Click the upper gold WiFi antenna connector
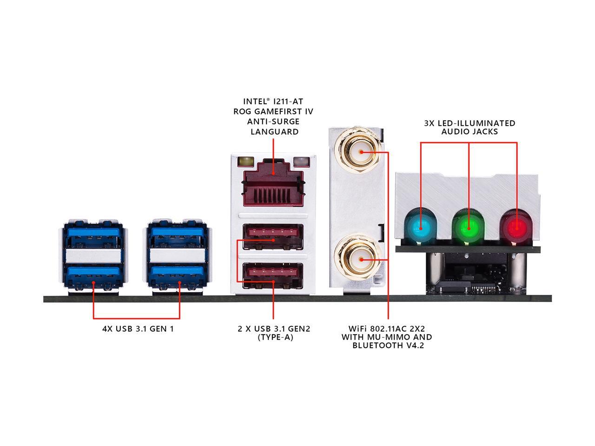point(358,151)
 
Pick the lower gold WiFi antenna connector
point(358,259)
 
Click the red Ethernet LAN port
point(273,184)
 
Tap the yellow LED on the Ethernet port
point(245,162)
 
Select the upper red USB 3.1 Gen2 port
point(273,236)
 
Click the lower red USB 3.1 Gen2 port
point(273,275)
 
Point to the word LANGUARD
point(274,132)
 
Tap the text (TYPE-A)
point(275,338)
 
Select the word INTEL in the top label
point(255,102)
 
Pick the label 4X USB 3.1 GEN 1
point(138,329)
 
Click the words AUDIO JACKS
point(469,132)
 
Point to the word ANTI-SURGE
point(273,122)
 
